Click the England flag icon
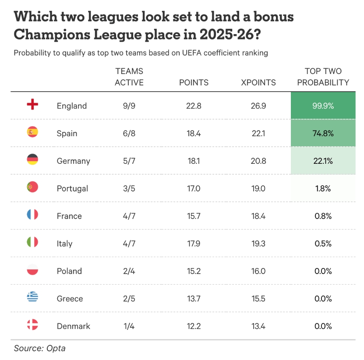tap(32, 105)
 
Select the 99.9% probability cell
tap(323, 106)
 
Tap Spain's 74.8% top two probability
tap(323, 134)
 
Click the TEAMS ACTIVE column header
tap(129, 77)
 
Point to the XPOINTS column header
tap(258, 82)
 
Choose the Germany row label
tap(73, 161)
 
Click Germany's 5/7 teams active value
tap(129, 161)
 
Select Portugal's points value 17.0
tap(194, 189)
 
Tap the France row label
tap(69, 216)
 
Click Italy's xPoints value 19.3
tap(258, 244)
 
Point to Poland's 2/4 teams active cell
tap(129, 271)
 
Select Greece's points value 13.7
tap(194, 299)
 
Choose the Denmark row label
tap(74, 326)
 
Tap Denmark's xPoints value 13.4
tap(258, 326)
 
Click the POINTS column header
tap(194, 82)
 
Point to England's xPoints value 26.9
tap(258, 106)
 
